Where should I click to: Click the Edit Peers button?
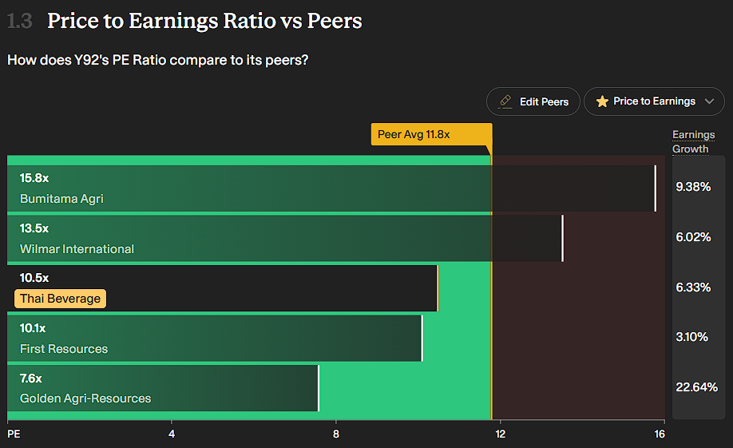click(534, 101)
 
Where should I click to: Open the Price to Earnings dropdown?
click(654, 101)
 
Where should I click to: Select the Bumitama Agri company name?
click(61, 199)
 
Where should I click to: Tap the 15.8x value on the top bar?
click(34, 178)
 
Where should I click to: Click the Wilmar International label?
click(77, 249)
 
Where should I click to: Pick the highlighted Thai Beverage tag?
click(61, 299)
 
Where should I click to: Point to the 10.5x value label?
click(34, 278)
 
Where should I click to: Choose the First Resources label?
click(64, 349)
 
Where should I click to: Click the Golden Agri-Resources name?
click(85, 398)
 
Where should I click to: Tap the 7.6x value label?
click(31, 378)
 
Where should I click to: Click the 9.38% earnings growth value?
click(693, 187)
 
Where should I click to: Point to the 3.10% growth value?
click(692, 337)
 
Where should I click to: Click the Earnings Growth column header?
click(693, 141)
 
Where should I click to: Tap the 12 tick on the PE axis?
click(501, 434)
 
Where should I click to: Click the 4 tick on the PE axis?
click(172, 434)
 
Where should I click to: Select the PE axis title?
click(14, 434)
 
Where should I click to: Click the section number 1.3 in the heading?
click(20, 22)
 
